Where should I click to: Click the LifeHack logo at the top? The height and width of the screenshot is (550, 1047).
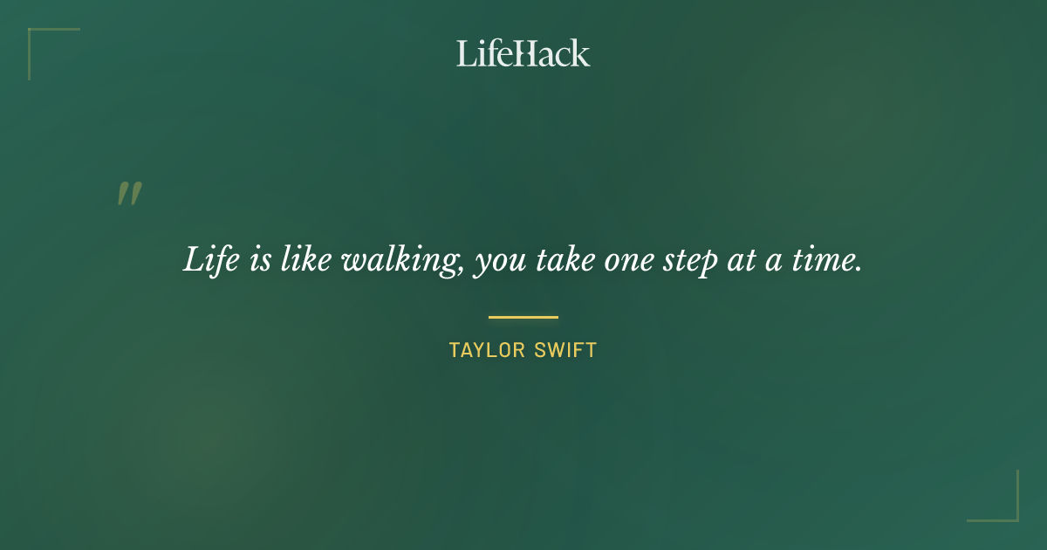(x=523, y=53)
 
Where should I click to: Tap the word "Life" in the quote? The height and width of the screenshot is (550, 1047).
(x=209, y=260)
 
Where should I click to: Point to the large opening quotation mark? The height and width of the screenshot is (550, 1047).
(x=129, y=194)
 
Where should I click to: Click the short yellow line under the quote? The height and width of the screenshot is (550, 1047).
(x=523, y=317)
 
